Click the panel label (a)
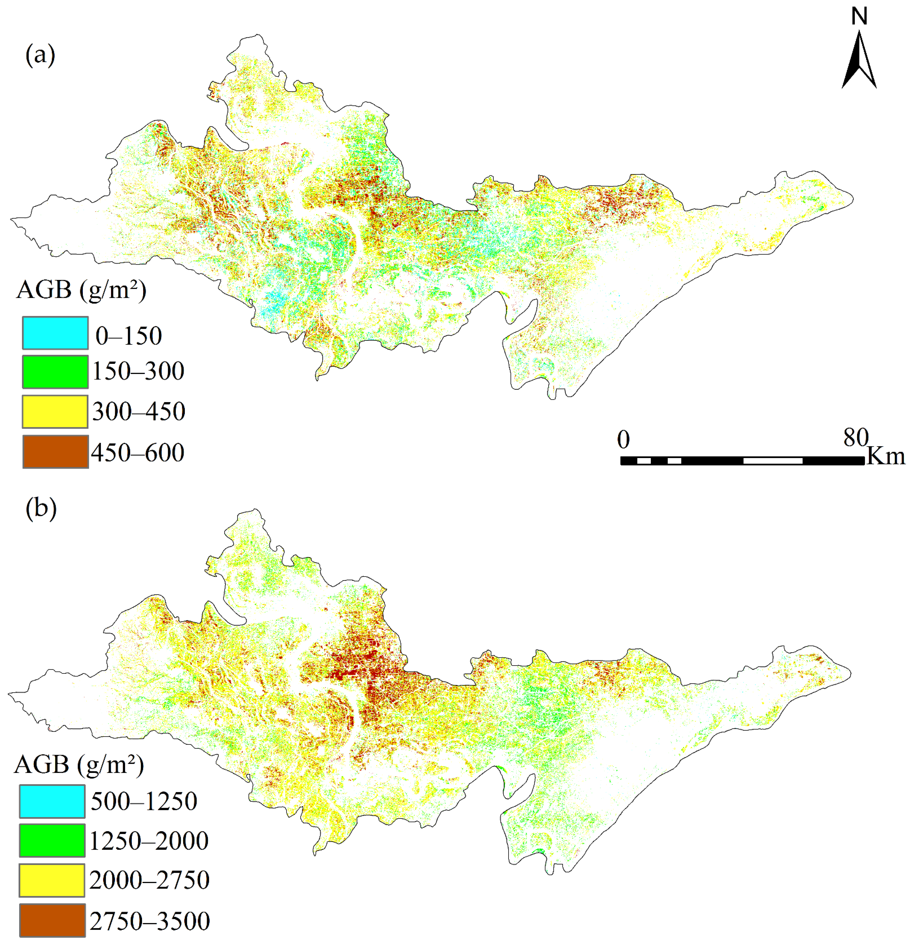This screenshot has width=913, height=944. [x=40, y=55]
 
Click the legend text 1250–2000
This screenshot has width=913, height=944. [x=149, y=841]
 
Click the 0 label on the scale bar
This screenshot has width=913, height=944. [x=623, y=439]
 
